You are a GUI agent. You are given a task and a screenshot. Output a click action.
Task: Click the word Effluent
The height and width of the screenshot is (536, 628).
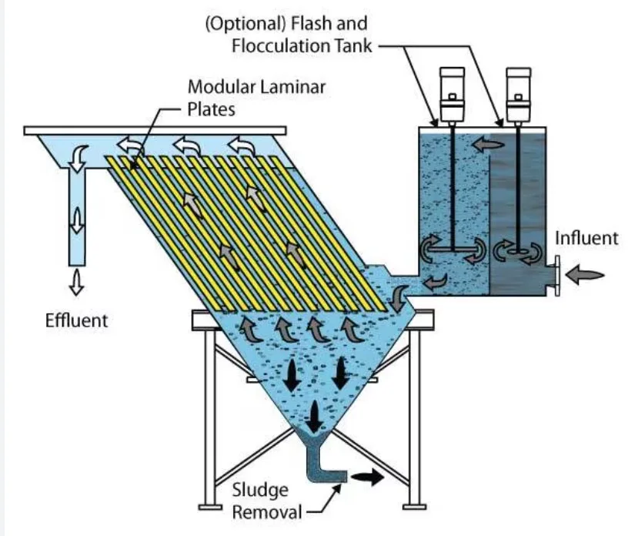(x=76, y=319)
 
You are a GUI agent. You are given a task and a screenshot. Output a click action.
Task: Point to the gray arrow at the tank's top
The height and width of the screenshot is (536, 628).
(x=483, y=143)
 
